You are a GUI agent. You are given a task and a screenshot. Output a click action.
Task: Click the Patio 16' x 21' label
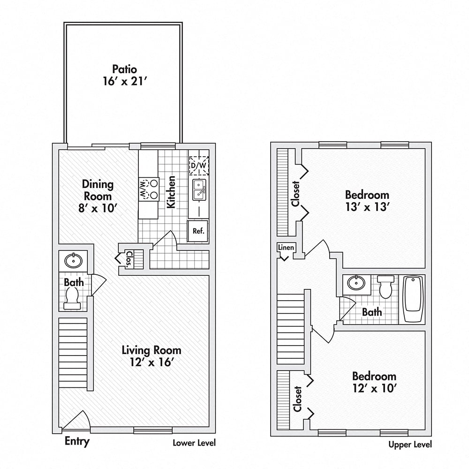(x=125, y=75)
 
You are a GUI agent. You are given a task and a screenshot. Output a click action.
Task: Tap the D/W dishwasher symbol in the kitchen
(x=199, y=166)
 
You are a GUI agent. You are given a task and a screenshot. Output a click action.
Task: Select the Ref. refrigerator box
(x=198, y=231)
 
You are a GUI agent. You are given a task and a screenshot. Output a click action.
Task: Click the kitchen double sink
(x=199, y=189)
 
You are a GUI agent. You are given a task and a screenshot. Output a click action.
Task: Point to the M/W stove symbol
(x=149, y=189)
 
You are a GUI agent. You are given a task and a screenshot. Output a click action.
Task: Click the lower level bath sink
(x=73, y=260)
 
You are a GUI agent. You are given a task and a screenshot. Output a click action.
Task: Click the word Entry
(x=77, y=441)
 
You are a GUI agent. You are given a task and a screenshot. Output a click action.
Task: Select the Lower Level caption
(x=194, y=443)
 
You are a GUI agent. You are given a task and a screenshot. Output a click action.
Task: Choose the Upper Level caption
(x=410, y=445)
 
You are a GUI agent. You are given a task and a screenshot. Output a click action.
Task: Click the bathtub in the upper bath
(x=413, y=299)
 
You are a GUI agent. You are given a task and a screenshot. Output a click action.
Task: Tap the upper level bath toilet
(x=386, y=287)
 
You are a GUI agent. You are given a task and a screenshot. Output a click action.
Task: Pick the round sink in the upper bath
(x=356, y=283)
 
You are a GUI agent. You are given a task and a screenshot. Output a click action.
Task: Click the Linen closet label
(x=286, y=247)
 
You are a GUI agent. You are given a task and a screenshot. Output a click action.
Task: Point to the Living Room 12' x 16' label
(x=151, y=356)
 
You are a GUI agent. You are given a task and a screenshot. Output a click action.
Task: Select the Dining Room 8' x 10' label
(x=98, y=196)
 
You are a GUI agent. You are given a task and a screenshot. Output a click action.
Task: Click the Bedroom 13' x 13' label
(x=367, y=201)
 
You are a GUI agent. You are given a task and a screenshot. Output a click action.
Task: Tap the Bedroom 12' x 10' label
(x=374, y=382)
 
